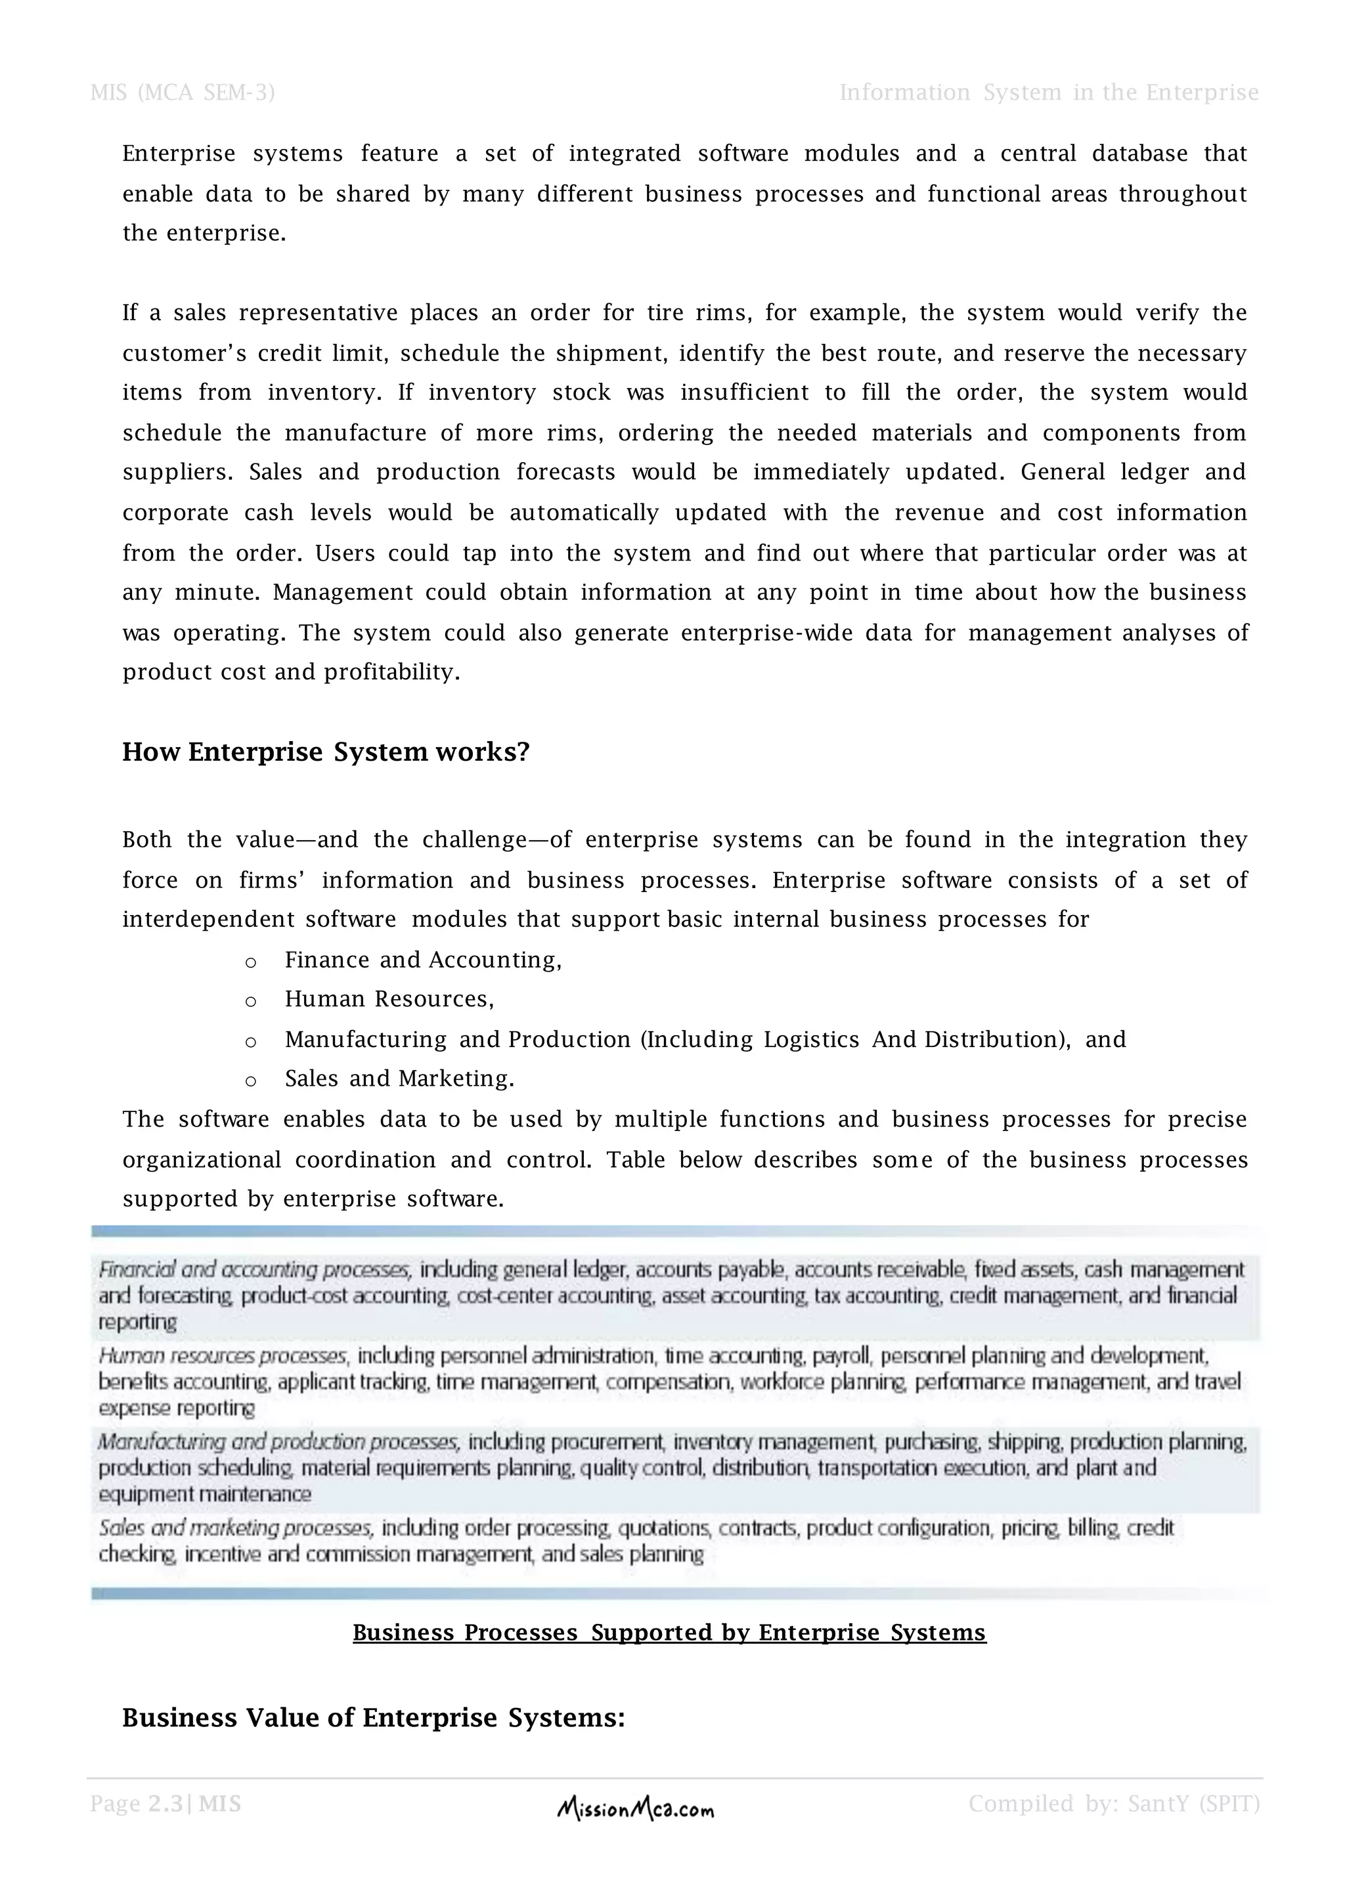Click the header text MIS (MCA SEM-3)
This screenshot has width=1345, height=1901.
click(x=182, y=93)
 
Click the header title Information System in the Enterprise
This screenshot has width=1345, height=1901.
click(x=1049, y=93)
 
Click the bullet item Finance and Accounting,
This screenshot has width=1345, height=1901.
click(x=423, y=960)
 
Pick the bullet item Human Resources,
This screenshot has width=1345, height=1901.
click(x=389, y=999)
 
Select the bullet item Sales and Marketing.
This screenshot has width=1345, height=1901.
click(x=399, y=1079)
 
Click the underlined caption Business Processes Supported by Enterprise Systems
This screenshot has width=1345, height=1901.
click(x=669, y=1632)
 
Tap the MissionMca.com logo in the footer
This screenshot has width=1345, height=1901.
click(x=635, y=1810)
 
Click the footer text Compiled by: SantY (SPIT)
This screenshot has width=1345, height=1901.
click(x=1114, y=1803)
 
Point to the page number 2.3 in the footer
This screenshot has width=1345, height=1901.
click(x=165, y=1803)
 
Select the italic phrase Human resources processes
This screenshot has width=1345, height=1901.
click(x=223, y=1356)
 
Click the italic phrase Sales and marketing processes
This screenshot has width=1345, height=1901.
click(x=235, y=1527)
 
